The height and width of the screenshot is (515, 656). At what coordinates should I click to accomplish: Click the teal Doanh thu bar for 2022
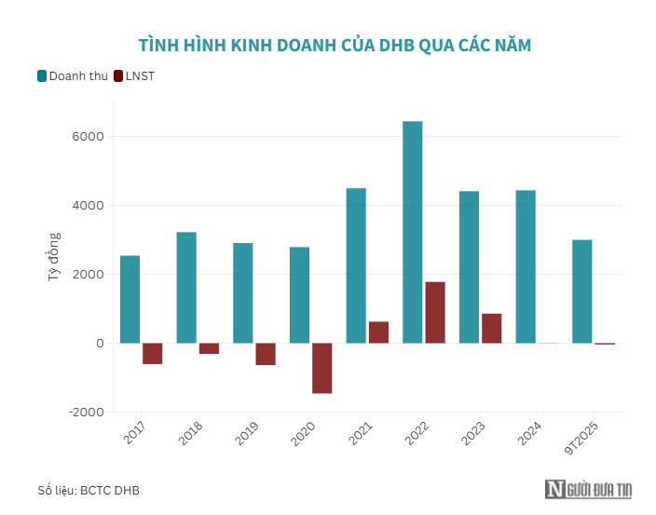[412, 232]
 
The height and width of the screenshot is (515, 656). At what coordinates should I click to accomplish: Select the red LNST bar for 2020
[322, 368]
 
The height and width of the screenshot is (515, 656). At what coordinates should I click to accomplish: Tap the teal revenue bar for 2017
[130, 299]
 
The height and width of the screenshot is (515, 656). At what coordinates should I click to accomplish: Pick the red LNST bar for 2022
[435, 312]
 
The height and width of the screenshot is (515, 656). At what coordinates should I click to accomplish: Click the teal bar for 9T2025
[581, 291]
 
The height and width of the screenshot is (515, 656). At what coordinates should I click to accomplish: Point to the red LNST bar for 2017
[153, 353]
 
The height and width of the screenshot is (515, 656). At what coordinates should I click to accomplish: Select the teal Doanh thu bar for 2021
[356, 265]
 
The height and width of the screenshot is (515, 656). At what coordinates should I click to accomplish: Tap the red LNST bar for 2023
[491, 328]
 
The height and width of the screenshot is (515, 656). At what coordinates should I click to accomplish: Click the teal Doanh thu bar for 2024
[526, 266]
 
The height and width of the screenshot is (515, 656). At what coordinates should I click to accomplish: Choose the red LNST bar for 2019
[266, 354]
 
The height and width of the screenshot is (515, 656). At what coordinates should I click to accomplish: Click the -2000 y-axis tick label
[86, 413]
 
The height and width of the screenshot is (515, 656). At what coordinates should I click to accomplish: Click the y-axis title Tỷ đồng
[54, 258]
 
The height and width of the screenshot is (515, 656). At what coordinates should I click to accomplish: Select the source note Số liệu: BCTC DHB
[89, 490]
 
